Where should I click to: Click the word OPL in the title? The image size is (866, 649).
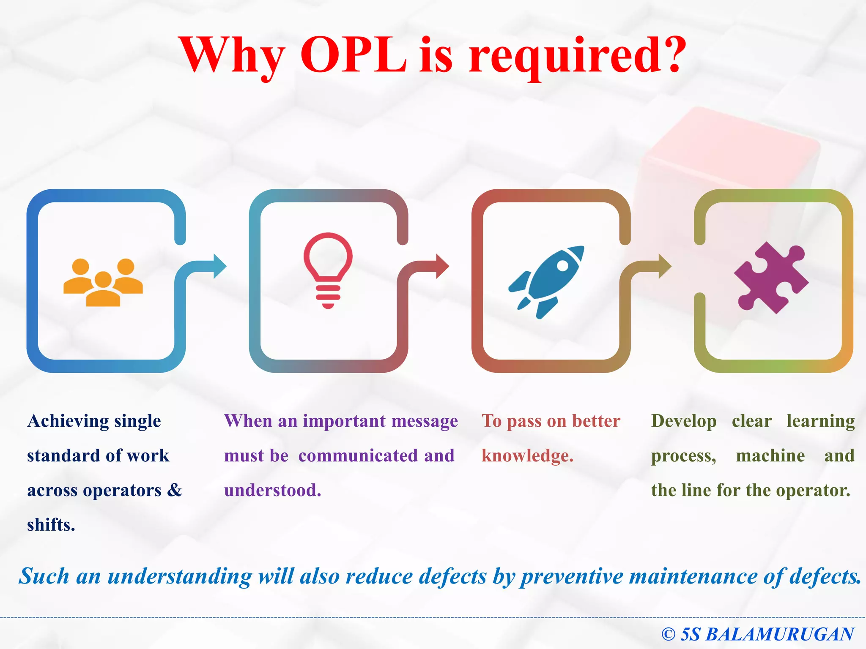[x=354, y=55]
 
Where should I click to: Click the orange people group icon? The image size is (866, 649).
[x=103, y=282]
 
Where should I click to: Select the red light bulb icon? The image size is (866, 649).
[x=328, y=270]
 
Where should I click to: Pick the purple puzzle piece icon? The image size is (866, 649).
[x=771, y=278]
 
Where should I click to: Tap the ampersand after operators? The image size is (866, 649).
[x=174, y=490]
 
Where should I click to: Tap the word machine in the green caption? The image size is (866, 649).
[x=770, y=456]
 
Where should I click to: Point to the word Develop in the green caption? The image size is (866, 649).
[x=683, y=421]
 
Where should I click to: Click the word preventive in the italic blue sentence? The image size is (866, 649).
[x=572, y=577]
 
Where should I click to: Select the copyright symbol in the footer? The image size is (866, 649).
[x=668, y=634]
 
